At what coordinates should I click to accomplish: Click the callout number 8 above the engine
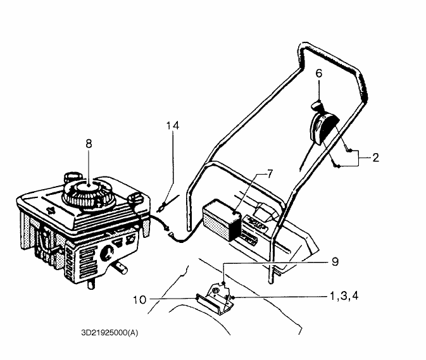[x=89, y=144]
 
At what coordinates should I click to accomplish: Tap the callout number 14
[x=173, y=126]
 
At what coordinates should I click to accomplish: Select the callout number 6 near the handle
[x=319, y=73]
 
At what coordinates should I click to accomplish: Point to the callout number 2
[x=376, y=158]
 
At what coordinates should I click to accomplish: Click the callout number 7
[x=270, y=174]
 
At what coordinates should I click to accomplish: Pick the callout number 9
[x=335, y=262]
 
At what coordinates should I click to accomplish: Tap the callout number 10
[x=139, y=300]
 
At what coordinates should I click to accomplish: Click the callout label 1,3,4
[x=344, y=296]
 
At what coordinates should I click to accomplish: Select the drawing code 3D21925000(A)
[x=110, y=333]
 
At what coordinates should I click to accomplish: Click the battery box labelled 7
[x=222, y=220]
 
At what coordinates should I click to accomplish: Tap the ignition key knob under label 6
[x=316, y=106]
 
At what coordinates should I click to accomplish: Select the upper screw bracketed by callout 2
[x=350, y=150]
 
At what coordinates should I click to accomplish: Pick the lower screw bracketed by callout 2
[x=338, y=165]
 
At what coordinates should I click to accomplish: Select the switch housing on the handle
[x=324, y=128]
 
